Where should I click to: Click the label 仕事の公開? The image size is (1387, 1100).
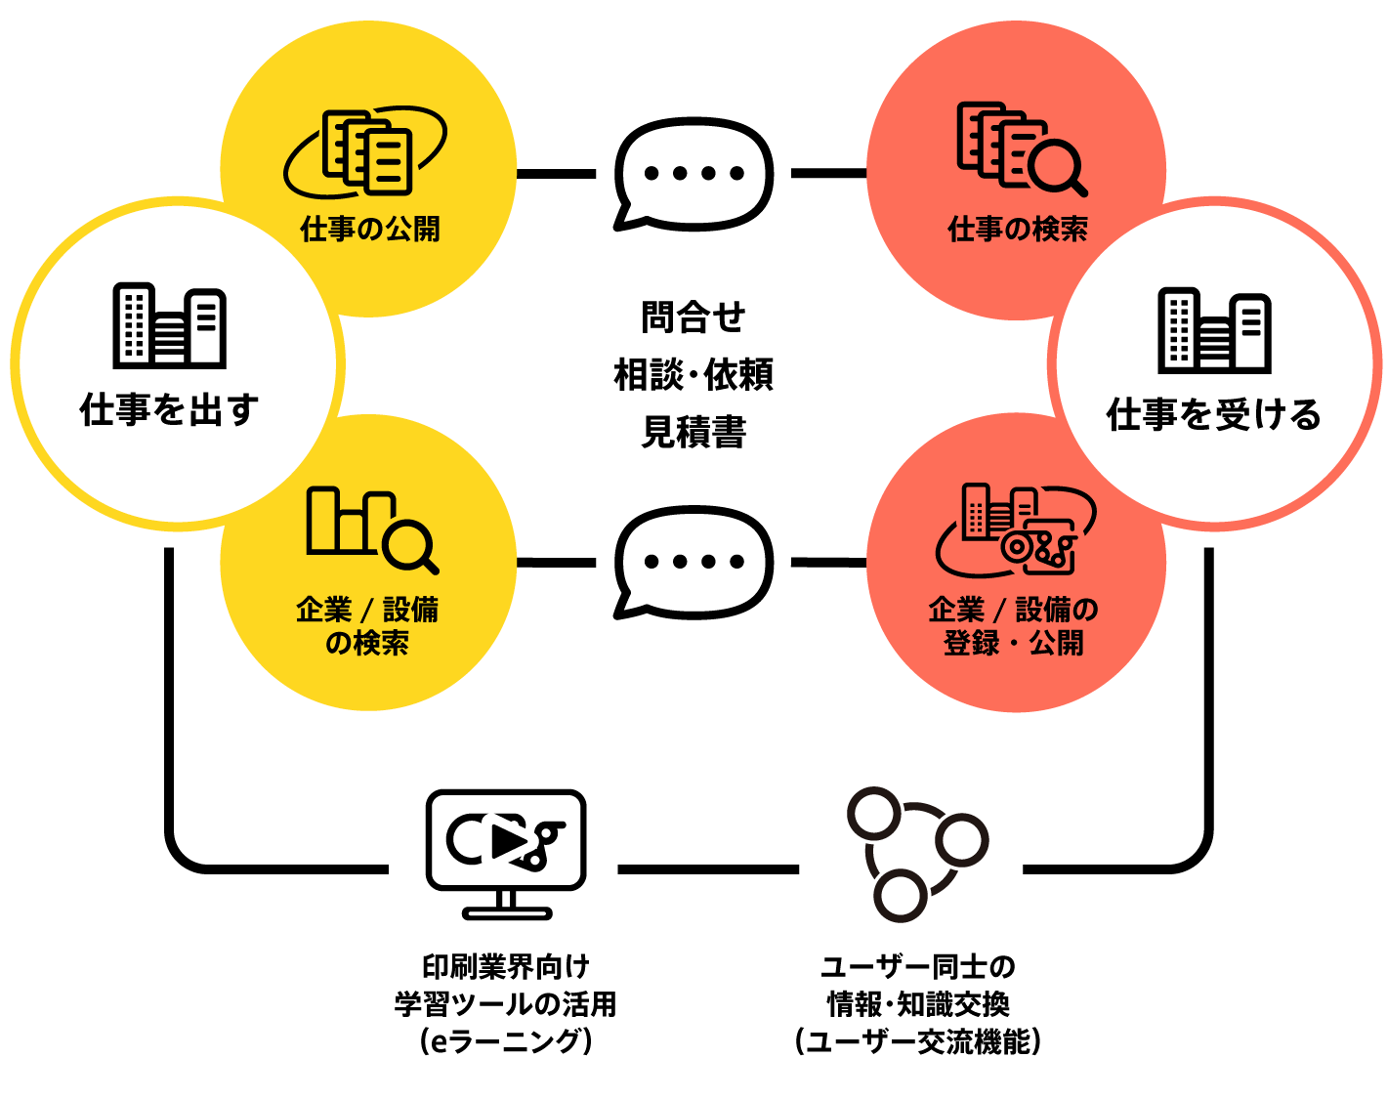(370, 230)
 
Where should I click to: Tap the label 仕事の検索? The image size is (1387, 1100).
(1018, 230)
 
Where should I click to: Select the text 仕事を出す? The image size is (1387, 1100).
(170, 410)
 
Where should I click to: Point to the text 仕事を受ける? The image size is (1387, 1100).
(1214, 415)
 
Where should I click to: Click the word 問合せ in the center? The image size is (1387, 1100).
(693, 317)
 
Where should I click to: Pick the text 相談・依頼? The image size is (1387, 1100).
(693, 374)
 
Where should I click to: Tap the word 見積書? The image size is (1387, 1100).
(693, 431)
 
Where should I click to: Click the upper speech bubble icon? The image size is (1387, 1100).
(693, 174)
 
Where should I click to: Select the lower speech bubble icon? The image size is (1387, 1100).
(693, 562)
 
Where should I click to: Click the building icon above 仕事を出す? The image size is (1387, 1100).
(170, 326)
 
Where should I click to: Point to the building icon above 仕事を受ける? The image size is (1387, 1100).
(1214, 330)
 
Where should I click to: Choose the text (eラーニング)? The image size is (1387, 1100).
(506, 1041)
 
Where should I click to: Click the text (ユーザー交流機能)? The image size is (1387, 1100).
(918, 1041)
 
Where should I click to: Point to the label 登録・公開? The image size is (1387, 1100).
(1014, 644)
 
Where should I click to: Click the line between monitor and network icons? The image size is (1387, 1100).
(708, 868)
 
